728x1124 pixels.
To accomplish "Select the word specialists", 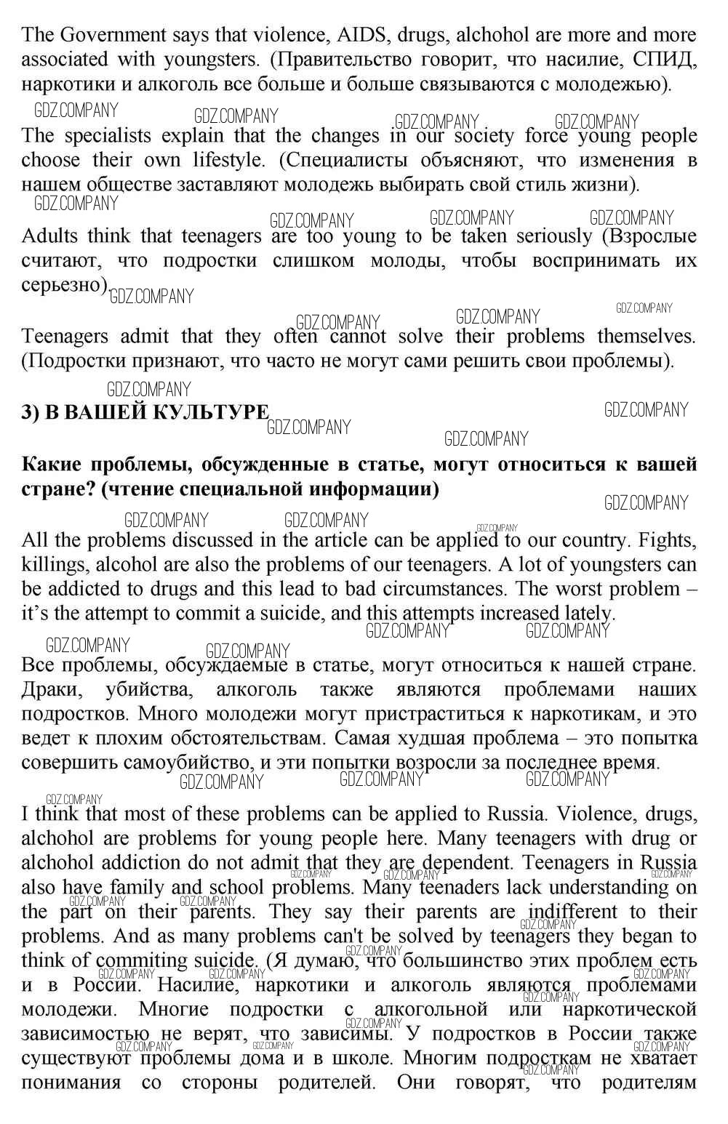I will point(108,135).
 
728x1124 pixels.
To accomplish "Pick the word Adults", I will point(49,236).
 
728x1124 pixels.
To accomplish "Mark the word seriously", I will point(554,236).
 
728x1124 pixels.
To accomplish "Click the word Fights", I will point(666,540).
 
